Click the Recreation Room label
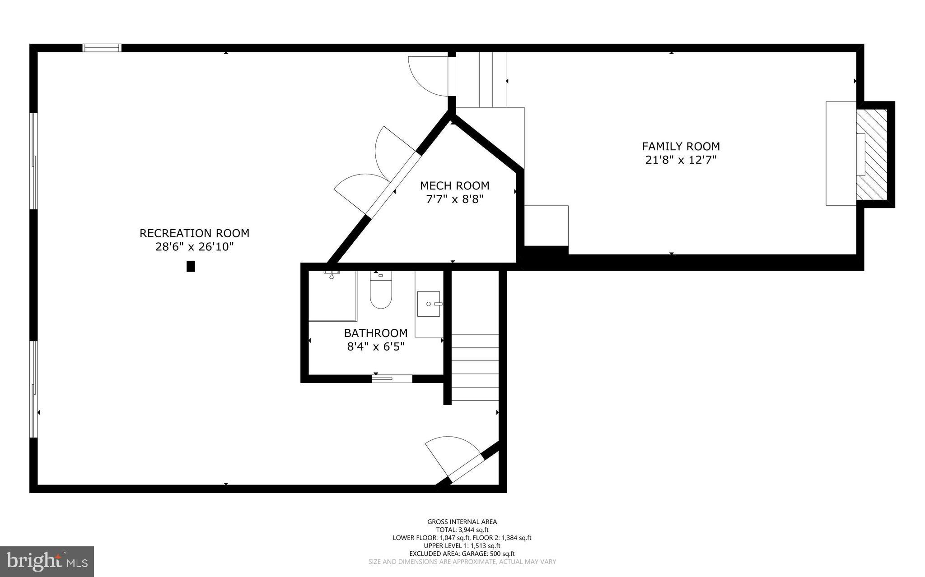pyautogui.click(x=194, y=233)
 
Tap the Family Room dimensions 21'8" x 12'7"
pyautogui.click(x=681, y=160)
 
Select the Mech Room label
pyautogui.click(x=454, y=186)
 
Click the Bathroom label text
pyautogui.click(x=375, y=333)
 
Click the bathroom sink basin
pyautogui.click(x=429, y=304)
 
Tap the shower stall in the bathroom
pyautogui.click(x=332, y=295)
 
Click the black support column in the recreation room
pyautogui.click(x=191, y=266)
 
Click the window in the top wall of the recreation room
pyautogui.click(x=102, y=47)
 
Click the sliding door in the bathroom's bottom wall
pyautogui.click(x=392, y=379)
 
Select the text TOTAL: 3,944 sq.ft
pyautogui.click(x=462, y=530)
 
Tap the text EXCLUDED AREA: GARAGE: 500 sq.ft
pyautogui.click(x=462, y=554)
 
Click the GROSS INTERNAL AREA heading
pyautogui.click(x=462, y=522)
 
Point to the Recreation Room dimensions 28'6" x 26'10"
pyautogui.click(x=194, y=247)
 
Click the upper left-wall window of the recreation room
pyautogui.click(x=33, y=161)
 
